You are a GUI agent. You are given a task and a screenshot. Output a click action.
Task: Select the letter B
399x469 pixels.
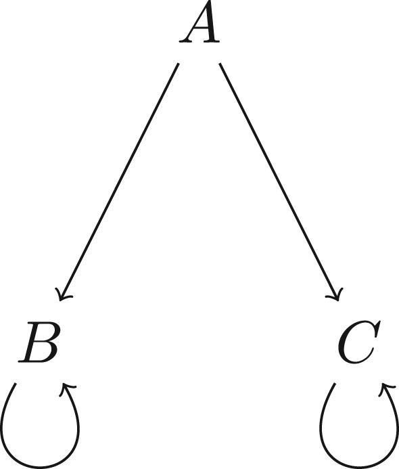[39, 342]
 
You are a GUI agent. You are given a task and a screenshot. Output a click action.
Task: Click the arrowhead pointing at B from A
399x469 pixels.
[63, 294]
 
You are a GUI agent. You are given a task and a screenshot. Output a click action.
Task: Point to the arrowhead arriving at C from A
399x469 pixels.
[335, 294]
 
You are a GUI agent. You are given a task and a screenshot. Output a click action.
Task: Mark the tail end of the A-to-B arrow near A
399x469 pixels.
[179, 64]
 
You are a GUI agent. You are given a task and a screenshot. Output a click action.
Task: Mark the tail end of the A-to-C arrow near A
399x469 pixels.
[220, 64]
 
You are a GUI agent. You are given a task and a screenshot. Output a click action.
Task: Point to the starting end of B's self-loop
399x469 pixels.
[16, 383]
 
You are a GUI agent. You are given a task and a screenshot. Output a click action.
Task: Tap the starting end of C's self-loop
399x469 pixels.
[335, 383]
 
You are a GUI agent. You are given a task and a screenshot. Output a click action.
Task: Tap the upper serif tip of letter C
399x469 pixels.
[379, 322]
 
